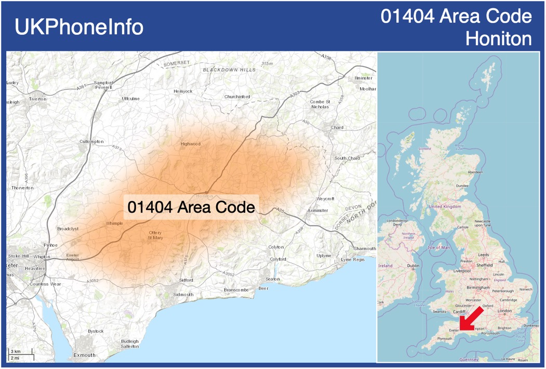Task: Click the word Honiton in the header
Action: tap(499, 38)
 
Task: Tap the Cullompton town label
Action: tap(91, 141)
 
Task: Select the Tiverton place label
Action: tap(37, 99)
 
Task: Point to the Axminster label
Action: tap(317, 210)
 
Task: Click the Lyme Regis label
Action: tap(353, 259)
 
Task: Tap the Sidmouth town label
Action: tap(183, 295)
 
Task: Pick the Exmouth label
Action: tap(84, 355)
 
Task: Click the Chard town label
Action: tap(337, 127)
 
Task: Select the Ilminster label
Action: tap(363, 78)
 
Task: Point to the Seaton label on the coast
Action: tap(273, 279)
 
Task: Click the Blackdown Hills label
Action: tap(229, 69)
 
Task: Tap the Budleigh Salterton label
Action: tap(130, 344)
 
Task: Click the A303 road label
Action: tap(295, 94)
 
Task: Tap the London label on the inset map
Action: tap(504, 311)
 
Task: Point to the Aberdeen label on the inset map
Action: tap(475, 172)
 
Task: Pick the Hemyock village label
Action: tap(183, 91)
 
